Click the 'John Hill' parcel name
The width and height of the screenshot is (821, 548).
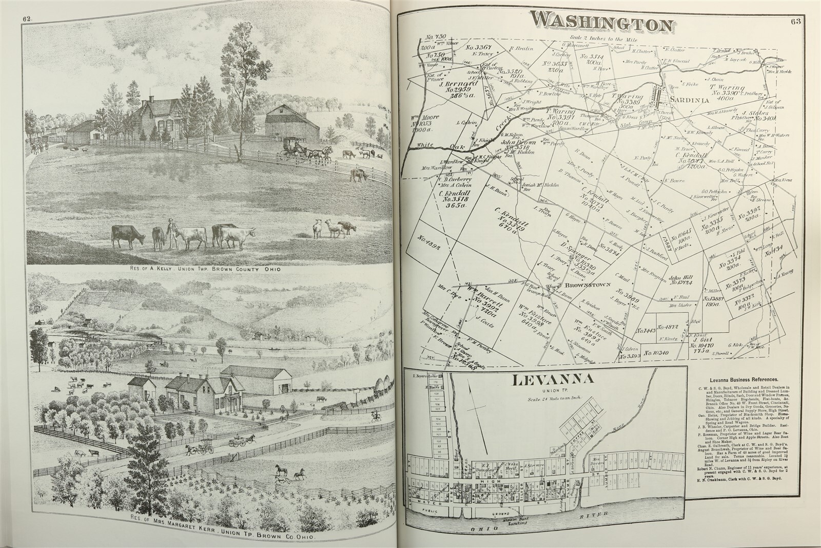680,278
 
